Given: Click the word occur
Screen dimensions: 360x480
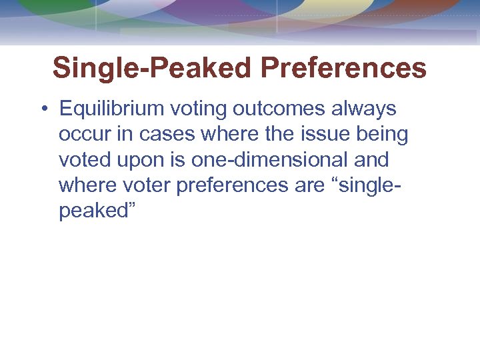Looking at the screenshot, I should pos(83,134).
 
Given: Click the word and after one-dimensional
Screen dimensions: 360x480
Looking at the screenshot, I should pos(370,160).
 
